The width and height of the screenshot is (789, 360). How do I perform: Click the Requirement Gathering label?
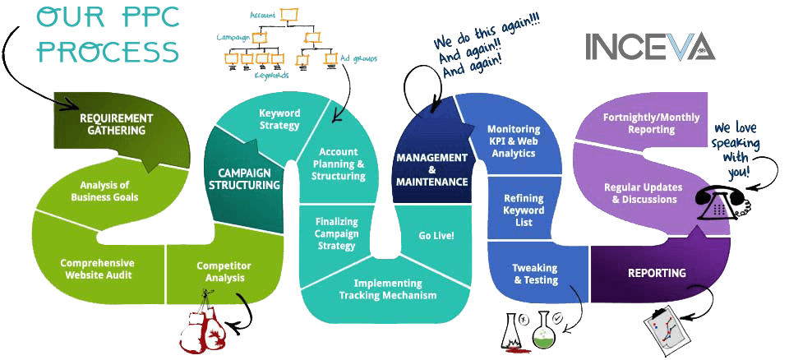[117, 124]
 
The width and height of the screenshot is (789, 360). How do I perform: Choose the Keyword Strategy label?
[279, 119]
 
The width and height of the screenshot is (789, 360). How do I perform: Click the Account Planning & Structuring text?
[339, 165]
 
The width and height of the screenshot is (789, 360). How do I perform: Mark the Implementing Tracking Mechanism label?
[389, 289]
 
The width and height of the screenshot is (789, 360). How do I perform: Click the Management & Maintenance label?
[431, 168]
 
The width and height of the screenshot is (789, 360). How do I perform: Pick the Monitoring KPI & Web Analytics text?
[514, 141]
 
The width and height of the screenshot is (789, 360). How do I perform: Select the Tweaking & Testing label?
[535, 274]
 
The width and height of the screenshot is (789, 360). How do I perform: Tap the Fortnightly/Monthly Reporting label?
[652, 124]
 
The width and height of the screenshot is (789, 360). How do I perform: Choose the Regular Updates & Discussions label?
[640, 193]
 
